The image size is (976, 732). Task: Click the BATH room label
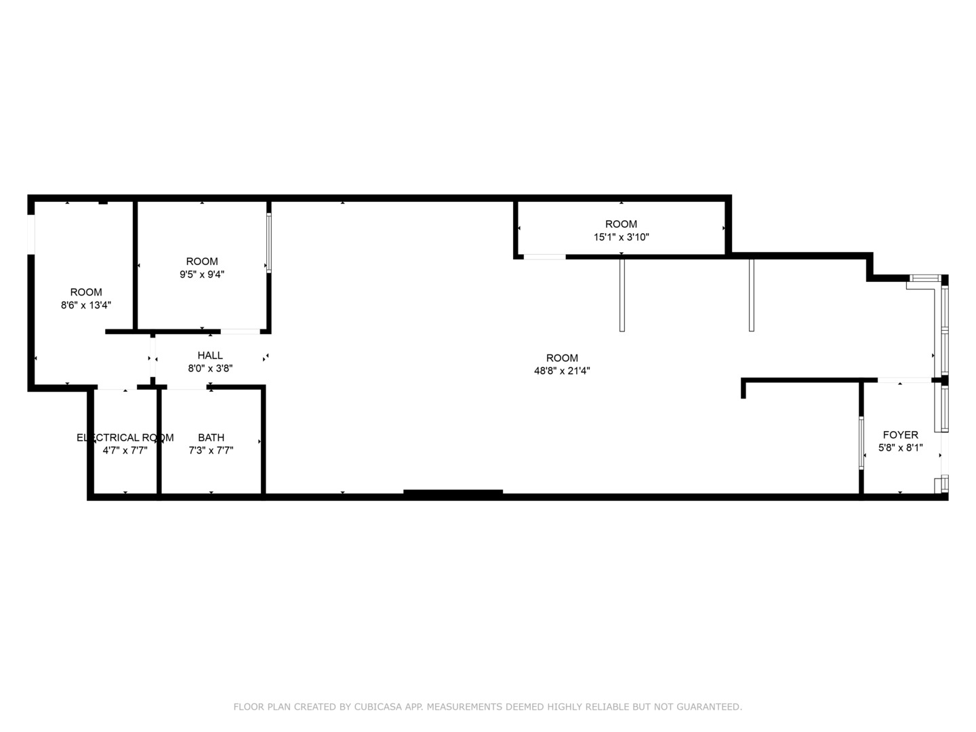pos(211,437)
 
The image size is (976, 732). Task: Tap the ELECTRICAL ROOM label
pos(125,437)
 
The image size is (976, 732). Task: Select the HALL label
pos(210,355)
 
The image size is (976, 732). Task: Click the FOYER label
pos(900,434)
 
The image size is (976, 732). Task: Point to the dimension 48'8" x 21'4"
pos(562,371)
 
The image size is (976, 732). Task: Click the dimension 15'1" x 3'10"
pos(621,237)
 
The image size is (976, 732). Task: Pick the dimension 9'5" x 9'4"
pos(202,274)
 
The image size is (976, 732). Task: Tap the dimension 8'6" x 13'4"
pos(86,305)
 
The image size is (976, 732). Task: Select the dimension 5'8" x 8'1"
pos(900,447)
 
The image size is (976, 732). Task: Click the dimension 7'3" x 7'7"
pos(211,450)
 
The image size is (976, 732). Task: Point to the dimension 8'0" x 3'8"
pos(210,368)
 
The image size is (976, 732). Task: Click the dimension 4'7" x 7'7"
pos(125,450)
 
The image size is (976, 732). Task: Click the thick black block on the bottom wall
pos(453,493)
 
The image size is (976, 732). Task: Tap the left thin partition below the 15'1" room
pos(622,295)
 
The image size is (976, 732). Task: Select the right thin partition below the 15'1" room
pos(751,295)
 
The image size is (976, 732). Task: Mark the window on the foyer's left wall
pos(861,443)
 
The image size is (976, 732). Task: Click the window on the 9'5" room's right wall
pos(268,243)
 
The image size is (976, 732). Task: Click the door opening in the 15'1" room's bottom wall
pos(545,257)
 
